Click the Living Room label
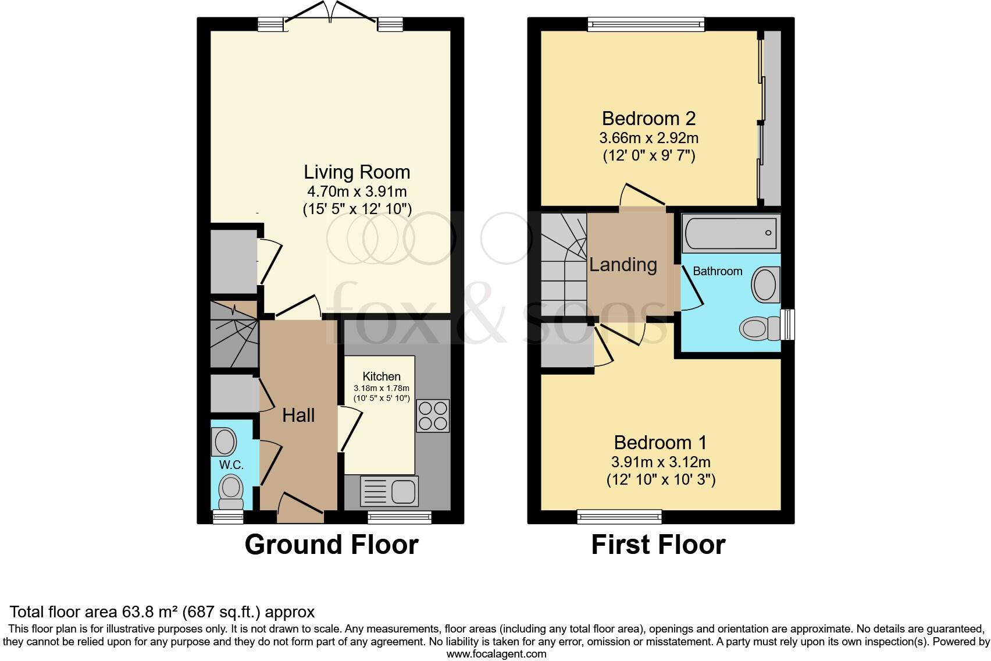tap(357, 172)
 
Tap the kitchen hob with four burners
tap(433, 415)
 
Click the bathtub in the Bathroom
tap(730, 233)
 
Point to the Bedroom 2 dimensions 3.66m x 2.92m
tap(648, 138)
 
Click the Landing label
tap(623, 265)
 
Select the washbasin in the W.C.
tap(224, 442)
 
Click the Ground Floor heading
tap(331, 545)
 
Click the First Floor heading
tap(658, 545)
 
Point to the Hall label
tap(298, 415)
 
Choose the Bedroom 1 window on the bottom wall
tap(619, 516)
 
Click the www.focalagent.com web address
tap(496, 654)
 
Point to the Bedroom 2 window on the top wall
tap(646, 23)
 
